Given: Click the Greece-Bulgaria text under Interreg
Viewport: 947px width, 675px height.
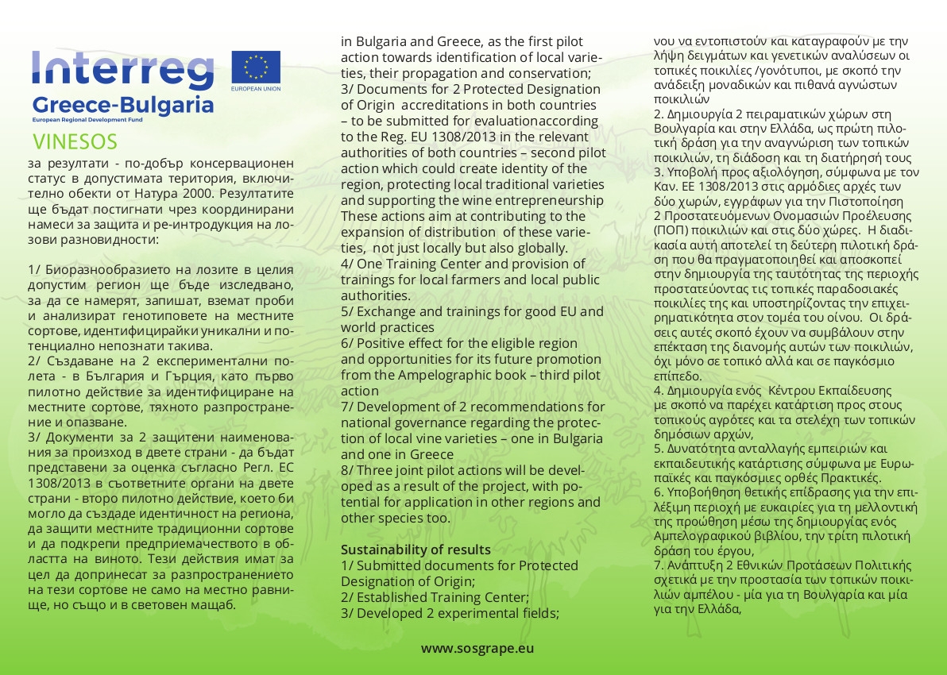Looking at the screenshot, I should click(x=123, y=105).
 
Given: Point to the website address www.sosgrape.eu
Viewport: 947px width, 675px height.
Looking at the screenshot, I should click(x=477, y=648).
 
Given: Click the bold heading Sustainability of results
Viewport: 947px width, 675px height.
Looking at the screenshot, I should click(x=416, y=550).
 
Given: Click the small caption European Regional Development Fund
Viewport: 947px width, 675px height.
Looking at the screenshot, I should click(x=87, y=118).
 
